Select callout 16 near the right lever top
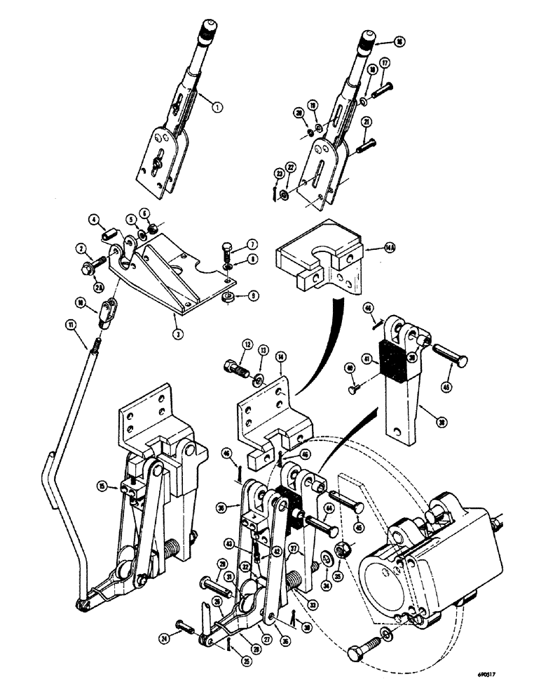point(399,42)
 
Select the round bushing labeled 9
point(225,299)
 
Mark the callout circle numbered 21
point(386,122)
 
